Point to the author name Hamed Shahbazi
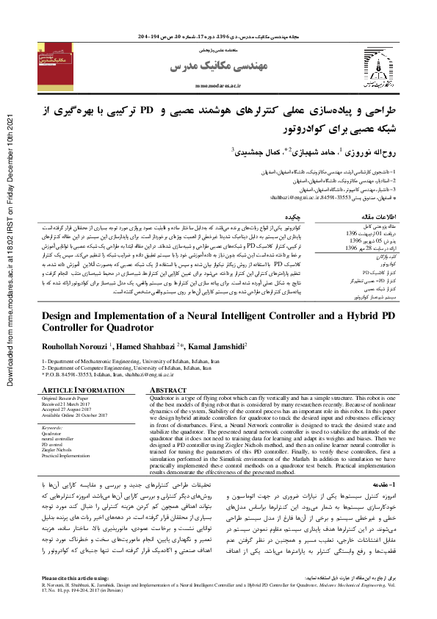(x=140, y=346)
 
